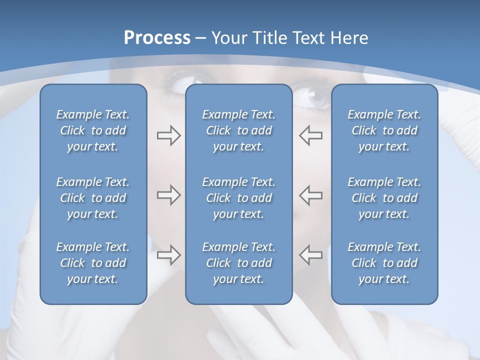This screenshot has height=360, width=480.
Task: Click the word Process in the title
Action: [x=157, y=38]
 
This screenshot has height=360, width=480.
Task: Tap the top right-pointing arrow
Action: [x=168, y=135]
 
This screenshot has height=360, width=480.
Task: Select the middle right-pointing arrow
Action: [x=168, y=195]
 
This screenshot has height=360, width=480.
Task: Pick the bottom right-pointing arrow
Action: [x=168, y=254]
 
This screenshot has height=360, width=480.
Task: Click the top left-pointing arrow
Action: [x=310, y=135]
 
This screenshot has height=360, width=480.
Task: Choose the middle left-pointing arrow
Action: [x=310, y=195]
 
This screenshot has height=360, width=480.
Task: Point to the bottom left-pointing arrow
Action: [x=310, y=254]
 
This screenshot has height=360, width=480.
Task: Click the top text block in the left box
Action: [x=93, y=130]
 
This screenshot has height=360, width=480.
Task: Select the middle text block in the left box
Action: [x=93, y=198]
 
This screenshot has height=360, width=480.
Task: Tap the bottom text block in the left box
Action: [x=93, y=263]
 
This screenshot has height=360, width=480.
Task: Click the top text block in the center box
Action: [x=239, y=130]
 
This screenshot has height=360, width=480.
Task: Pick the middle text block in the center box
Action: [x=239, y=198]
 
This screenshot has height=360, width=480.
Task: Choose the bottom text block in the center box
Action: [x=239, y=263]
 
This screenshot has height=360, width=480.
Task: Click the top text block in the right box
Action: [x=384, y=130]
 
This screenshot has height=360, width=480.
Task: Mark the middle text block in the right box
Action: [x=384, y=198]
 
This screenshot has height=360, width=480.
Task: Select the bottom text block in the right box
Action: [x=384, y=263]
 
